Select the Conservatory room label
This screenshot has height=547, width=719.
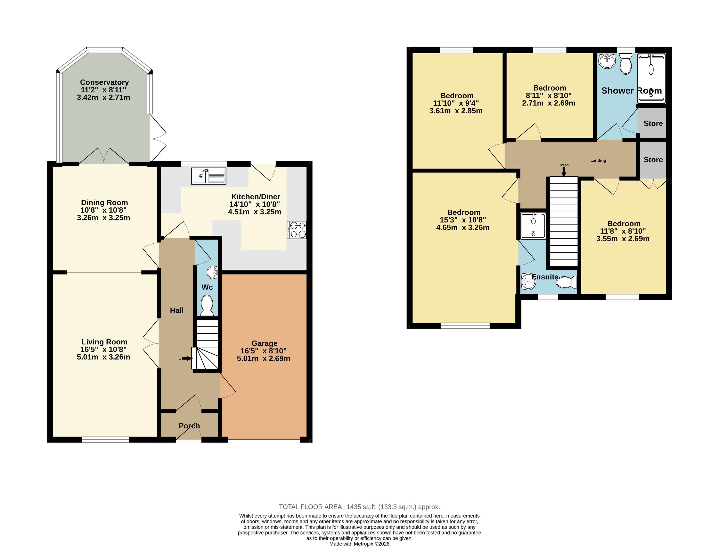[104, 82]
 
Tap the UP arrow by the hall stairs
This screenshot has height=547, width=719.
[187, 359]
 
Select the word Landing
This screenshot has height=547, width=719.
[598, 161]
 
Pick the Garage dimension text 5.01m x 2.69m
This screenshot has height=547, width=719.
[263, 359]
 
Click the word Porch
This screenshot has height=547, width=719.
[189, 426]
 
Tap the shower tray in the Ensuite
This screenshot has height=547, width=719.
[533, 226]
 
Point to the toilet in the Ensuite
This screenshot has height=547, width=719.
[566, 282]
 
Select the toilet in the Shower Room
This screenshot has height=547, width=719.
[626, 64]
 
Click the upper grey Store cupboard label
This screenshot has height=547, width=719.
[653, 123]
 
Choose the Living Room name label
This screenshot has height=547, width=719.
[104, 342]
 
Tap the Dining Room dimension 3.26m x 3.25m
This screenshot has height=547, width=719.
[103, 218]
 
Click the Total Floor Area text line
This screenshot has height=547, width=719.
[359, 507]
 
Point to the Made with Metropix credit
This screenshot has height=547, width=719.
[359, 544]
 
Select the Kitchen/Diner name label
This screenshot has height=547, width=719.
[255, 197]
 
